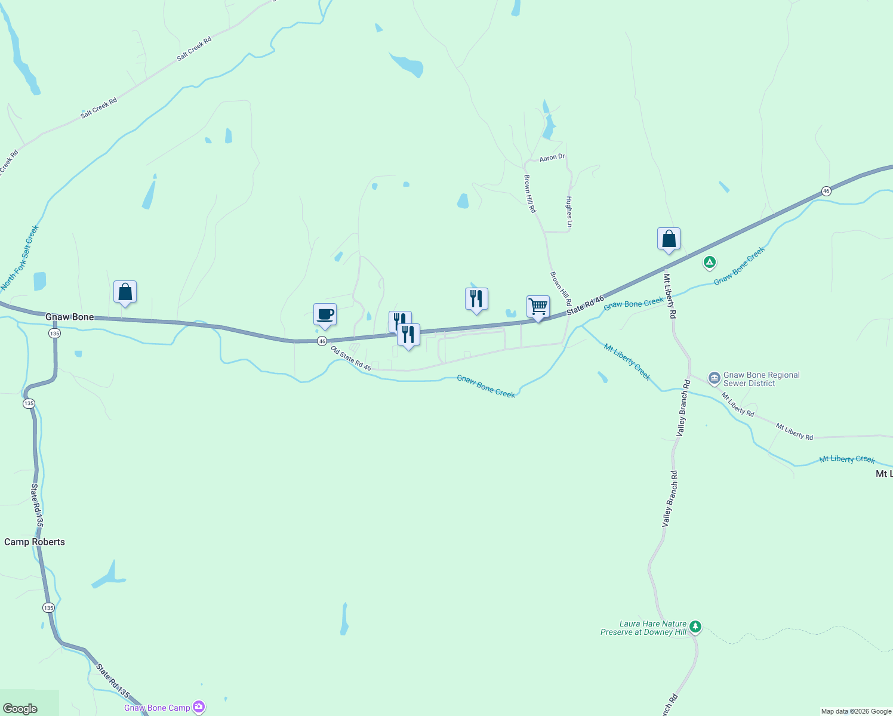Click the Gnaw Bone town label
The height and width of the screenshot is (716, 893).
70,317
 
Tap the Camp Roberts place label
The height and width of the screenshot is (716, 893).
35,542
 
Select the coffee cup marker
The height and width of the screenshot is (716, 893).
325,314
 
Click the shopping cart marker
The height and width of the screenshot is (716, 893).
538,307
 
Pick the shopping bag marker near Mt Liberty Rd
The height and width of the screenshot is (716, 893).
669,239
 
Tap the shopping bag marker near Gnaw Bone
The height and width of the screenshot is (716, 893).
125,292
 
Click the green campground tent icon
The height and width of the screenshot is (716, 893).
709,262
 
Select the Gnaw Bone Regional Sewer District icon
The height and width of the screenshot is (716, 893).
714,378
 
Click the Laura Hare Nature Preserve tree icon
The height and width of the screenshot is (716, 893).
695,626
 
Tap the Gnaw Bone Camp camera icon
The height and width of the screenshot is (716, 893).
199,708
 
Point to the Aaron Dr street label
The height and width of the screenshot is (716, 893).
552,158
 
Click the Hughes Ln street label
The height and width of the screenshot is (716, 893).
569,212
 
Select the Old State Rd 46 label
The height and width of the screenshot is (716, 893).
351,359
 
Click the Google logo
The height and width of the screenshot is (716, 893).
20,709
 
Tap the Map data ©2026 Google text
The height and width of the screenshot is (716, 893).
856,711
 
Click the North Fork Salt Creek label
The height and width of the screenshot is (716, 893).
20,257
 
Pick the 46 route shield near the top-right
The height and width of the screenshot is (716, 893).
826,191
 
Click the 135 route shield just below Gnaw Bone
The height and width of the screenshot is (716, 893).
55,333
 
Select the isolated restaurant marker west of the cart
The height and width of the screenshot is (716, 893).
476,299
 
